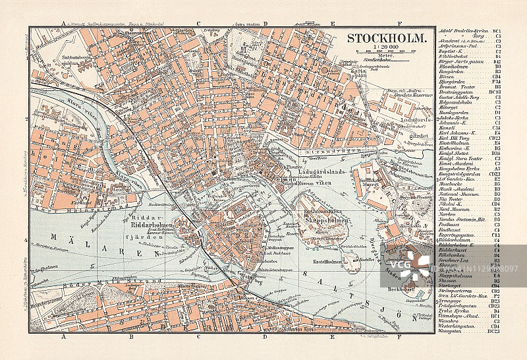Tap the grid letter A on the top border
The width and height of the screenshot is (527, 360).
click(64, 24)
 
